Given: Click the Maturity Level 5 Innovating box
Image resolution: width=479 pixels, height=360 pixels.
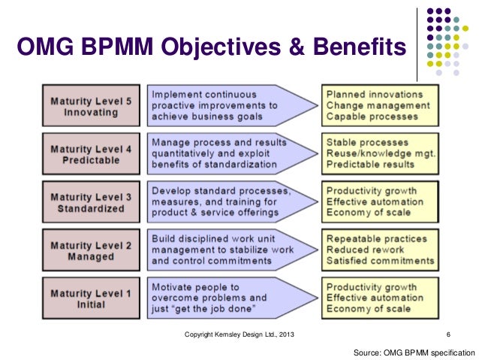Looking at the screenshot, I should (x=91, y=107).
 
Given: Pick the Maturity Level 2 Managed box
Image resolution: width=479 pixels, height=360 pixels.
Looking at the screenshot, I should (x=91, y=250).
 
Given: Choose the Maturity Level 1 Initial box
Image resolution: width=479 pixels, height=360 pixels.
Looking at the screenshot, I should (x=91, y=298).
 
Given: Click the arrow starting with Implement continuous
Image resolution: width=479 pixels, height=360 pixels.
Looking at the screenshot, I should (x=225, y=106).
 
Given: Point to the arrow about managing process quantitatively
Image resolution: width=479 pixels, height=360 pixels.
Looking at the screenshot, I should (x=225, y=154).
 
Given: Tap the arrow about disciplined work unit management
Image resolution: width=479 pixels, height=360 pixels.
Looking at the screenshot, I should (x=225, y=250).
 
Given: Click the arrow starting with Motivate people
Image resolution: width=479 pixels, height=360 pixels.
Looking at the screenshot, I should (x=225, y=298).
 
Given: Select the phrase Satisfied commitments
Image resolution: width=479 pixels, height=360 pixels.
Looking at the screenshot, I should (x=380, y=261).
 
